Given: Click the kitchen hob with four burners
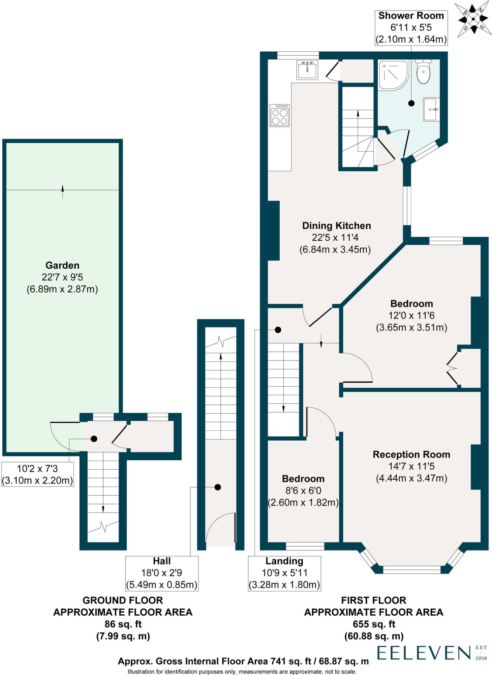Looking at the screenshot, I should pyautogui.click(x=279, y=115).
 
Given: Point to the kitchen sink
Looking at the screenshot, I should pyautogui.click(x=307, y=70).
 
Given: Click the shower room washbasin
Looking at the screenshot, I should pyautogui.click(x=432, y=109).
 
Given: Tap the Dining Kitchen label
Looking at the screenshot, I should pyautogui.click(x=336, y=226).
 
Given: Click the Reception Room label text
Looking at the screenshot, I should pyautogui.click(x=411, y=455).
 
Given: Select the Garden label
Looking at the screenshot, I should pyautogui.click(x=62, y=265).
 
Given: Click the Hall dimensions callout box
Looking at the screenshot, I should pyautogui.click(x=162, y=573).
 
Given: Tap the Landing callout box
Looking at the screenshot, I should pyautogui.click(x=284, y=573).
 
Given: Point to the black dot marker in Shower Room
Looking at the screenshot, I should pyautogui.click(x=411, y=103).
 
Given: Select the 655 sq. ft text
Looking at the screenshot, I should pyautogui.click(x=374, y=624).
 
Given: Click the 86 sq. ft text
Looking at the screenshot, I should pyautogui.click(x=123, y=624).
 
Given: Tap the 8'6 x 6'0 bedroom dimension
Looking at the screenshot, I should pyautogui.click(x=303, y=490).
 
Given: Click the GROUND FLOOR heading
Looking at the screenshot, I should pyautogui.click(x=123, y=600).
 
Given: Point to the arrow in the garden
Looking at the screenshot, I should pyautogui.click(x=62, y=191).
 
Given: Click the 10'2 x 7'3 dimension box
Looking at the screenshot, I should pyautogui.click(x=37, y=474).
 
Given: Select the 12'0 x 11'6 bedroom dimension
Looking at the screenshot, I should pyautogui.click(x=411, y=315).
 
